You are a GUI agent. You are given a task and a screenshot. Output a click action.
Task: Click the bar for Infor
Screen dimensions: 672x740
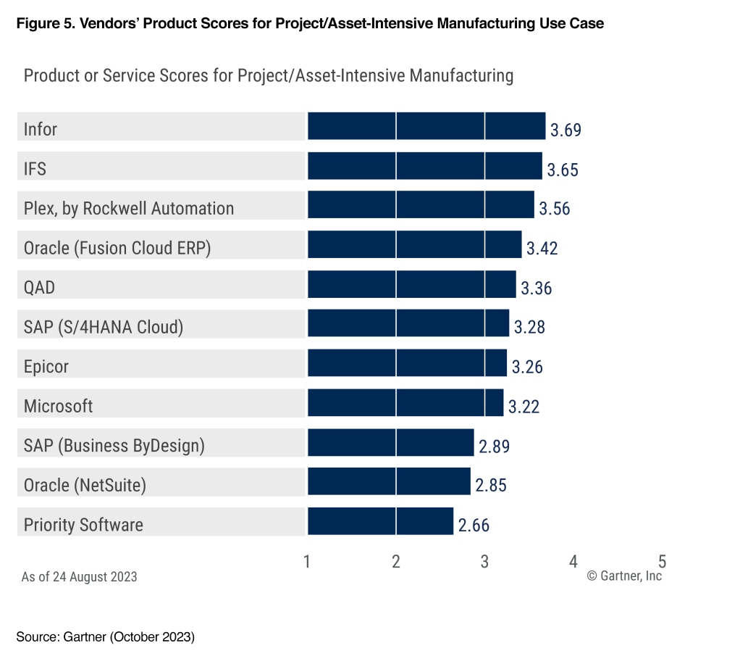pyautogui.click(x=426, y=126)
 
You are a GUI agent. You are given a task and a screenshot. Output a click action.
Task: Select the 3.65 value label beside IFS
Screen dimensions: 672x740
pyautogui.click(x=563, y=170)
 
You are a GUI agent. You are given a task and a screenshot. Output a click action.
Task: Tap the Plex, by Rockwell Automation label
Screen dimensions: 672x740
pyautogui.click(x=129, y=209)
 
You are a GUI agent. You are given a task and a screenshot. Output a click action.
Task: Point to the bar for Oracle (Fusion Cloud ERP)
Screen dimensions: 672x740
pyautogui.click(x=414, y=244)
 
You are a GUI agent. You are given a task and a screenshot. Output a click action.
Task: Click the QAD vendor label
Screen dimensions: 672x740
pyautogui.click(x=39, y=288)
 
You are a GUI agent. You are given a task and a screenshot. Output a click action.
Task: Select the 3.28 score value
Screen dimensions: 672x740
pyautogui.click(x=529, y=327)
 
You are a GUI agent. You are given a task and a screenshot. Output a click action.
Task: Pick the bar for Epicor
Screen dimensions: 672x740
pyautogui.click(x=407, y=362)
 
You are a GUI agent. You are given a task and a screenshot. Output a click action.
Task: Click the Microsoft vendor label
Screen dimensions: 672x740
pyautogui.click(x=58, y=406)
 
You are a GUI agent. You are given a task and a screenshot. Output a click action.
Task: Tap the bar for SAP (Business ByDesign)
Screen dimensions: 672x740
pyautogui.click(x=390, y=442)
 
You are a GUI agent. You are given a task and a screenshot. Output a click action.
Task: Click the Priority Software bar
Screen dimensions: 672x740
pyautogui.click(x=381, y=521)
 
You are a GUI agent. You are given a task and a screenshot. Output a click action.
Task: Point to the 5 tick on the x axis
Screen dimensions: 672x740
pyautogui.click(x=662, y=561)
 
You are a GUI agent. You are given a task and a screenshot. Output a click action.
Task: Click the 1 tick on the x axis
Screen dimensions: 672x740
pyautogui.click(x=308, y=561)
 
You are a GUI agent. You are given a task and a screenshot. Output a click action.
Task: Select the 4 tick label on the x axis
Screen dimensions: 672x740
pyautogui.click(x=573, y=561)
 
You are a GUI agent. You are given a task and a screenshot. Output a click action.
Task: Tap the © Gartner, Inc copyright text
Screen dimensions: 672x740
pyautogui.click(x=624, y=576)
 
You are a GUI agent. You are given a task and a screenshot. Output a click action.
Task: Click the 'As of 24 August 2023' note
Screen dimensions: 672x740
pyautogui.click(x=79, y=577)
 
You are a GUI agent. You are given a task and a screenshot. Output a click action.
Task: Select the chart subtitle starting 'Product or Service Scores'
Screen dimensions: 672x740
pyautogui.click(x=269, y=75)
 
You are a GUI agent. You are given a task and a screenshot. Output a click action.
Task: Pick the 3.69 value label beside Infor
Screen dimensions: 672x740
pyautogui.click(x=566, y=130)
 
